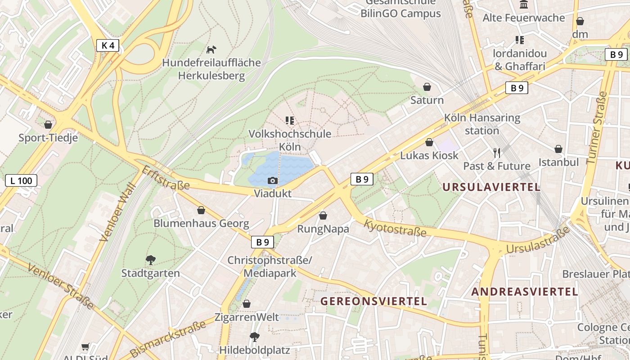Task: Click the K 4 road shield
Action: click(x=108, y=45)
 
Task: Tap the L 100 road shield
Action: click(x=21, y=181)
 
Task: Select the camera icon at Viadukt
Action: click(x=272, y=181)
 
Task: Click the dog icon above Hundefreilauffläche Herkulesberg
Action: click(x=211, y=49)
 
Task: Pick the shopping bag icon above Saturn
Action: click(x=427, y=87)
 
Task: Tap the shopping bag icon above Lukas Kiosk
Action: click(x=429, y=142)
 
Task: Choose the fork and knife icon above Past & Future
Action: click(x=497, y=153)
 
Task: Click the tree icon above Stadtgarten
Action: click(x=151, y=260)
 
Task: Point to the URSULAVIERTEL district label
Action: click(x=491, y=187)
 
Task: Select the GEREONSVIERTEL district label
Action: click(x=373, y=301)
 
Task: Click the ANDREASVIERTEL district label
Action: click(x=524, y=292)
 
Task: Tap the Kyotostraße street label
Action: click(x=395, y=228)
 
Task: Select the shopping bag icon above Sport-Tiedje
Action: click(x=48, y=125)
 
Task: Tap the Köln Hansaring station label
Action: click(x=482, y=124)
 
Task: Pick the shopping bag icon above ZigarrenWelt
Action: click(x=247, y=304)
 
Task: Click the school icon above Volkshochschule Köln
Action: click(x=290, y=121)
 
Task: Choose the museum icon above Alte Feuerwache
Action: click(x=523, y=5)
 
